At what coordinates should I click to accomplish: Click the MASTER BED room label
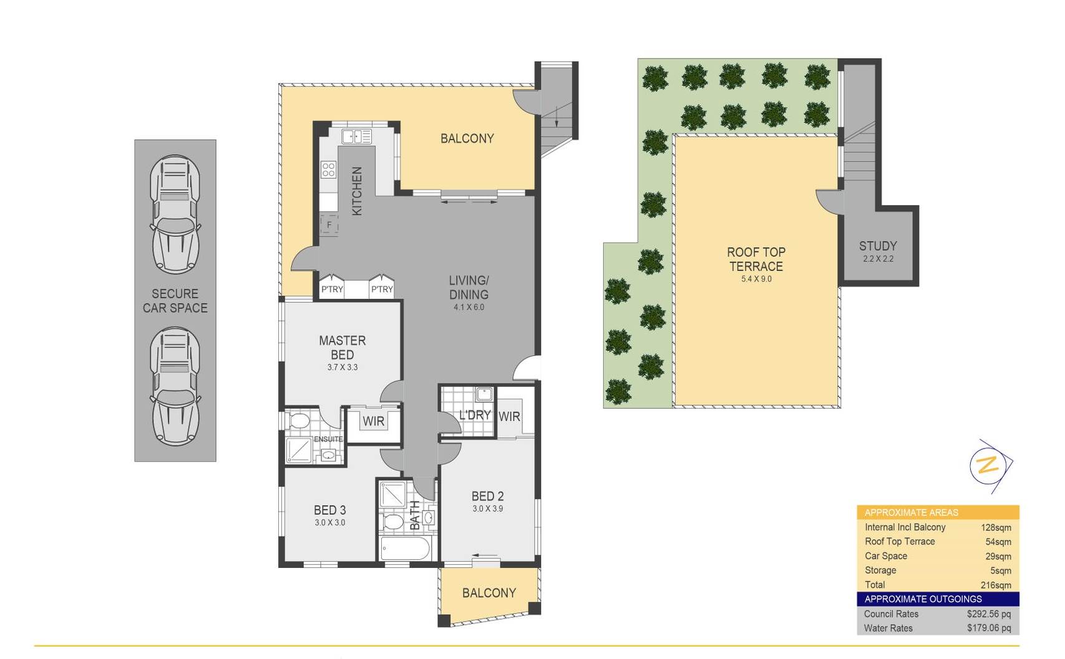[342, 348]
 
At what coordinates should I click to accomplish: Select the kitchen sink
[356, 136]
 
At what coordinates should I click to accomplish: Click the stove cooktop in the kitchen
[328, 169]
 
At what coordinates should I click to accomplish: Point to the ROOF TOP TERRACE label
[756, 259]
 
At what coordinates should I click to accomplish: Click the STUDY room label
[877, 246]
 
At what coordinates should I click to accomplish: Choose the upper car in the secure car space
[175, 214]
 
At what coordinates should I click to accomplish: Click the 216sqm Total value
[995, 585]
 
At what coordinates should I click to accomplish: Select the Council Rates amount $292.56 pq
[988, 614]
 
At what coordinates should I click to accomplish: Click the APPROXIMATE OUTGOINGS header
[923, 599]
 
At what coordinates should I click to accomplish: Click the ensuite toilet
[298, 420]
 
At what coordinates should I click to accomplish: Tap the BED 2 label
[487, 496]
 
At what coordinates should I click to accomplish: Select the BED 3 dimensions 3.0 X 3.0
[329, 523]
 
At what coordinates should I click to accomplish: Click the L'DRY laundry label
[475, 415]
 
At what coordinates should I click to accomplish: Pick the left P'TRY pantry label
[332, 289]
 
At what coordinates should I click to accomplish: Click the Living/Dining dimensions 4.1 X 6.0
[469, 307]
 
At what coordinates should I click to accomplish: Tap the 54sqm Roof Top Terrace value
[998, 542]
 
